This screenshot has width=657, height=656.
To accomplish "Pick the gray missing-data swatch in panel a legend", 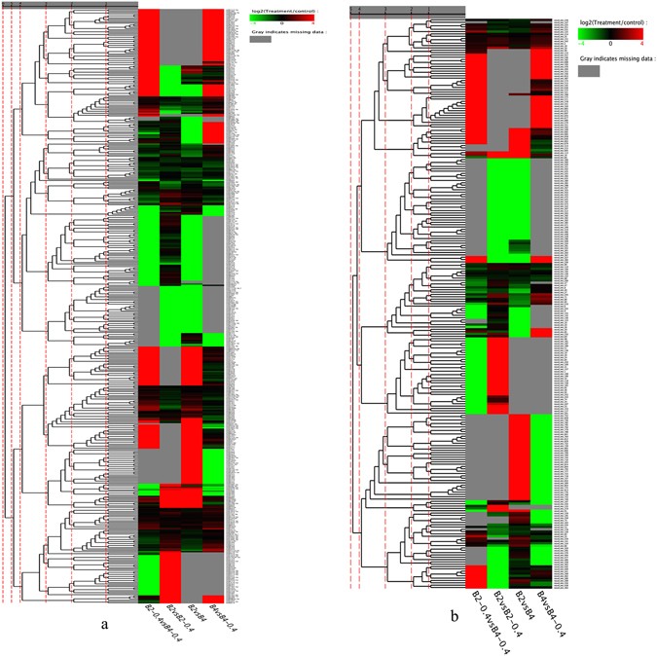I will click(260, 39).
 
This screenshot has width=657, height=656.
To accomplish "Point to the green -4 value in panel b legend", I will click(581, 44).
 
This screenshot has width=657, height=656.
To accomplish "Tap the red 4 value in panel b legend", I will click(641, 44).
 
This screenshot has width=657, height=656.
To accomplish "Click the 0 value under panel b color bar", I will click(610, 44).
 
